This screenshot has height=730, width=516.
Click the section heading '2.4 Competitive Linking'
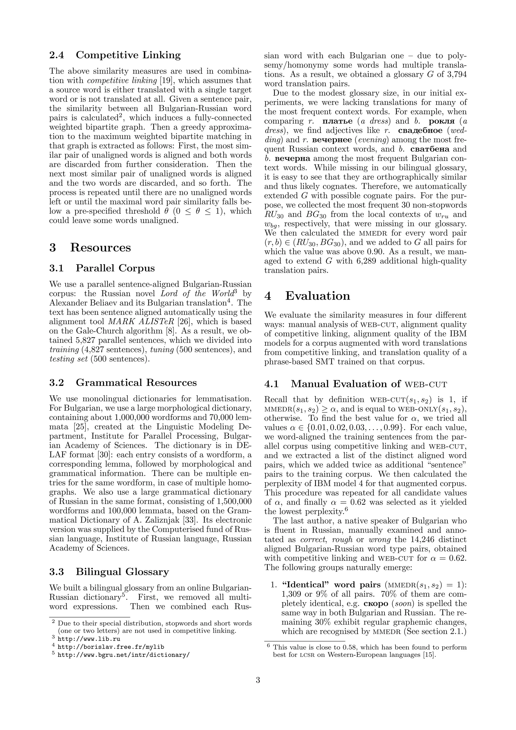pos(115,55)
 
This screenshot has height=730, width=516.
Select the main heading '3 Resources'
pos(90,247)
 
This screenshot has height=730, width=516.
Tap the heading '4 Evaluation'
pos(307,296)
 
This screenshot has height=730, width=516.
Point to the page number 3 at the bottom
pos(258,680)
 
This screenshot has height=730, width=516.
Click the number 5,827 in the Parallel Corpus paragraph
pos(87,341)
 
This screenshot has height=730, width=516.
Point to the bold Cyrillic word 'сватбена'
pos(430,149)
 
